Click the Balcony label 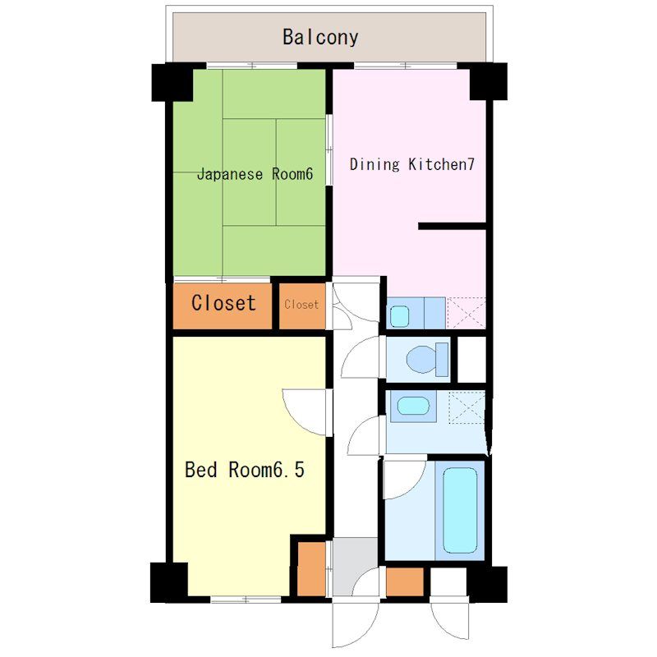(320, 37)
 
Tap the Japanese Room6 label (255, 173)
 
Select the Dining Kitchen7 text (412, 163)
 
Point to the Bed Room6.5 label (245, 470)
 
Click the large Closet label (223, 302)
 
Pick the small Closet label (301, 304)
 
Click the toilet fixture (427, 359)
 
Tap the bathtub (460, 510)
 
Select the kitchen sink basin (399, 316)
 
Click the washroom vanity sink (413, 406)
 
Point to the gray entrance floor (356, 566)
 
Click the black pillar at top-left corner (172, 82)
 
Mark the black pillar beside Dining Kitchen (488, 81)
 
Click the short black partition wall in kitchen (453, 227)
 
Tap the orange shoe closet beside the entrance (311, 568)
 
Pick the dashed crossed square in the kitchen (466, 313)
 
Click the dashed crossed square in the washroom (466, 407)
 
